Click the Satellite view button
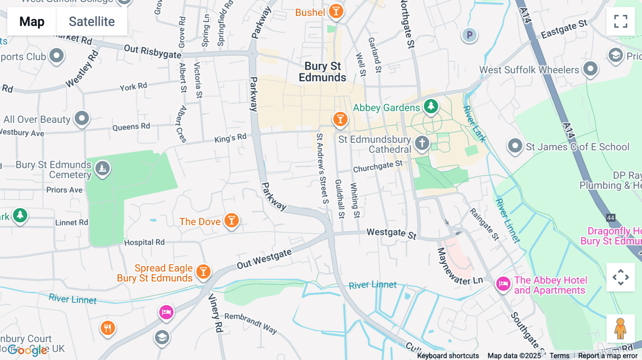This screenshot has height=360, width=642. pyautogui.click(x=92, y=22)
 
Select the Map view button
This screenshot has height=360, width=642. pyautogui.click(x=32, y=22)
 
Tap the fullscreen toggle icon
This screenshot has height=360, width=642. pyautogui.click(x=621, y=21)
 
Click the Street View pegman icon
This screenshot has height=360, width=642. pyautogui.click(x=620, y=328)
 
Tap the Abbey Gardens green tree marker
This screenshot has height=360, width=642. pyautogui.click(x=431, y=106)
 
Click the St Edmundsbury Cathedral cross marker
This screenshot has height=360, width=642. pyautogui.click(x=422, y=143)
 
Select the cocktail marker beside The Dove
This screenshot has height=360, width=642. pyautogui.click(x=231, y=221)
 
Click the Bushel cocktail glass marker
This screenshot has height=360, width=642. pyautogui.click(x=336, y=11)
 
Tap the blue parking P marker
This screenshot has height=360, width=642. pyautogui.click(x=469, y=35)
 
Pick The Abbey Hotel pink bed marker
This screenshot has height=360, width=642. pyautogui.click(x=503, y=284)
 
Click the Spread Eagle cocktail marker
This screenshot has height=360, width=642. pyautogui.click(x=203, y=272)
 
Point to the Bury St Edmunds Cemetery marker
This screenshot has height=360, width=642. pyautogui.click(x=102, y=168)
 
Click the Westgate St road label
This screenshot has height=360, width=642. pyautogui.click(x=391, y=233)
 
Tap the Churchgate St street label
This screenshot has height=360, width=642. pyautogui.click(x=377, y=166)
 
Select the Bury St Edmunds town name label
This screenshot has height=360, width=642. pyautogui.click(x=322, y=72)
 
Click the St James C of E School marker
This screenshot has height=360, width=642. pyautogui.click(x=515, y=145)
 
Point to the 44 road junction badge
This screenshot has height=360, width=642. pyautogui.click(x=611, y=218)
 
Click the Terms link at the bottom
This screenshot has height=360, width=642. pyautogui.click(x=559, y=356)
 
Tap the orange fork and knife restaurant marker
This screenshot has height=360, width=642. pyautogui.click(x=108, y=328)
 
